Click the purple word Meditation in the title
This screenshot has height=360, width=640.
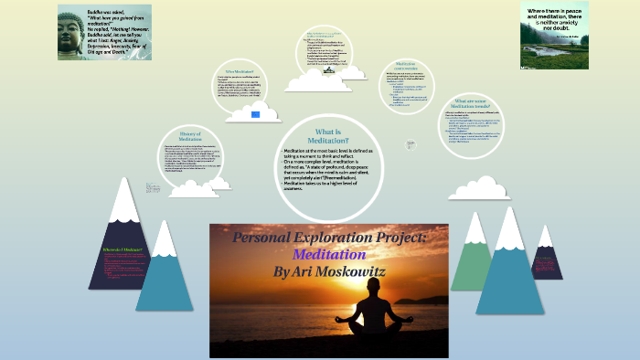(x=328, y=255)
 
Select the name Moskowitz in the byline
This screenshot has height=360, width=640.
(x=360, y=271)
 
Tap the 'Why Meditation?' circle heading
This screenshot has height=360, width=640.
(x=239, y=71)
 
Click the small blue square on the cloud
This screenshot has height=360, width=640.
(x=257, y=114)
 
